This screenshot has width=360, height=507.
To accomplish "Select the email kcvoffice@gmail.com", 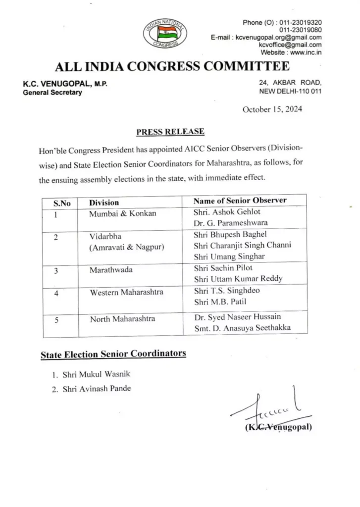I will [290, 45].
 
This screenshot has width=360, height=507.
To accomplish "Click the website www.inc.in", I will [305, 52].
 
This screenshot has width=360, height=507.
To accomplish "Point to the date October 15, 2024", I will [272, 109].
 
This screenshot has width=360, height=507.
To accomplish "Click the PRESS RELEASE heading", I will [170, 131].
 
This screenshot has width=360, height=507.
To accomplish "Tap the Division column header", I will [104, 203].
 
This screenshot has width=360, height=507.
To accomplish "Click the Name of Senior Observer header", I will [240, 201].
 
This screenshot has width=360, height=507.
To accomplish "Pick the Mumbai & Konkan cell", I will [122, 213].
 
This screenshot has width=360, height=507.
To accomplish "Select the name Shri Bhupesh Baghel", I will [230, 234].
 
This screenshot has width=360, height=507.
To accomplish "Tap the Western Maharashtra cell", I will [126, 293].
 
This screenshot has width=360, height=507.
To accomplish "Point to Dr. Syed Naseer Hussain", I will [239, 317].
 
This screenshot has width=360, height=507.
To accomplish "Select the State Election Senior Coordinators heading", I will [113, 354].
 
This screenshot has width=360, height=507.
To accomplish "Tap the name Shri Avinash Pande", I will [97, 389].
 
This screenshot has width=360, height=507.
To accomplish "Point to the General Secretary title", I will [52, 93].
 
